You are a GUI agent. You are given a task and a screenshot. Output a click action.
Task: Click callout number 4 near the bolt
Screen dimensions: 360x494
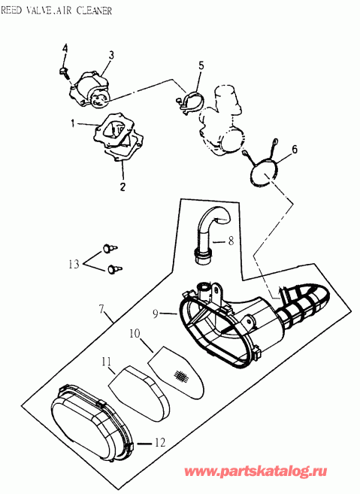(65, 49)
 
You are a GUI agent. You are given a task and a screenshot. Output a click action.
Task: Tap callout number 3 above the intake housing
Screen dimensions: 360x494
(111, 55)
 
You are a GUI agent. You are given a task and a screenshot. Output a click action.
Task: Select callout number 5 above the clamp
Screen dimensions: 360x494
(201, 65)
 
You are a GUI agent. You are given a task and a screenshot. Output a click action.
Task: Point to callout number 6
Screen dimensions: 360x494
(295, 149)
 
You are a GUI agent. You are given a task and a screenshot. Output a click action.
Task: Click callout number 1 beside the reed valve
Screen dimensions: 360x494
(73, 124)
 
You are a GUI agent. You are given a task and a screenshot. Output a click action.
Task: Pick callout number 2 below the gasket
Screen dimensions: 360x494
(123, 186)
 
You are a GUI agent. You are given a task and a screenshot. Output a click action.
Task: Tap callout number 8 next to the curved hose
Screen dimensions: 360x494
(231, 241)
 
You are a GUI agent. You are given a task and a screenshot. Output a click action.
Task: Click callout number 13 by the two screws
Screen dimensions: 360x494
(74, 264)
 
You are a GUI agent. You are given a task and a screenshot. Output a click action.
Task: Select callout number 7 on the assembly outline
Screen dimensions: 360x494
(101, 309)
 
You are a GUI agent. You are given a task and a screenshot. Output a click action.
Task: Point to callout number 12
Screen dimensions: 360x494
(160, 443)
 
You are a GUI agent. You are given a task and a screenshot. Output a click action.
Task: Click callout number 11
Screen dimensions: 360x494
(107, 361)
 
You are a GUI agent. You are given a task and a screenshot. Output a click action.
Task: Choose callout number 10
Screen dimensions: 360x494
(135, 333)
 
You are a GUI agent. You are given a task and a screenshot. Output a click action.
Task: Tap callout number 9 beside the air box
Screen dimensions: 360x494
(156, 314)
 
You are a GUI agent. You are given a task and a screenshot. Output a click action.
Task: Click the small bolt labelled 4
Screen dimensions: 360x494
(65, 73)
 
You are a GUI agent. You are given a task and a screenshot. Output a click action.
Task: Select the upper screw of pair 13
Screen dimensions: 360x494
(110, 249)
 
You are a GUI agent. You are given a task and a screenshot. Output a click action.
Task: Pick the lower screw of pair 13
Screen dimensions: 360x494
(115, 270)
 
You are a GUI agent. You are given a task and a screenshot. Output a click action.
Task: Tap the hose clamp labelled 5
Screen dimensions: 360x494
(189, 103)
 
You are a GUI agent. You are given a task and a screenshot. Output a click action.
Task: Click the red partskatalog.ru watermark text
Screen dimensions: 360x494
(256, 471)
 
